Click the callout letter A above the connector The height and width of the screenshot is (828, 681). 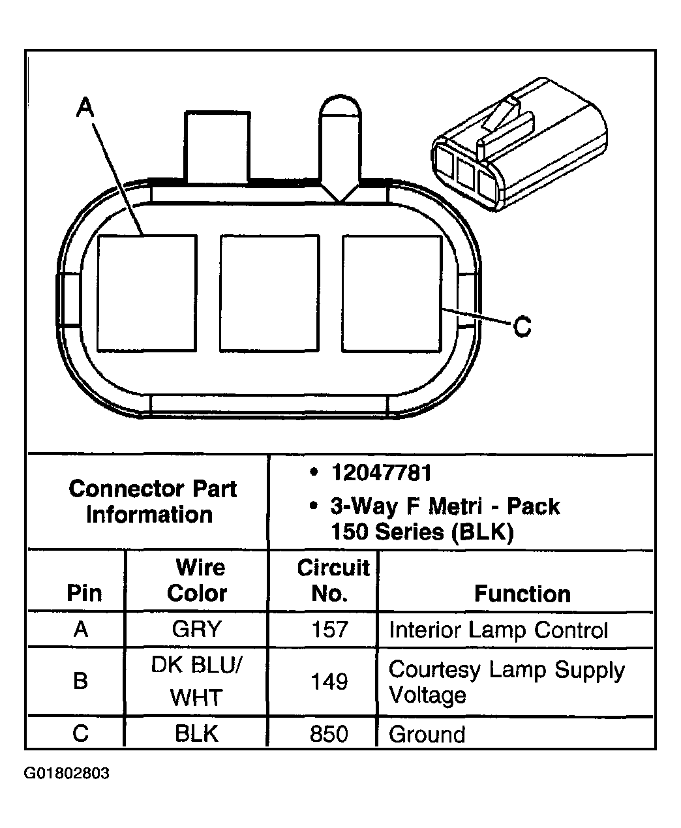(85, 108)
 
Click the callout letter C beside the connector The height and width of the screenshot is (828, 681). (522, 326)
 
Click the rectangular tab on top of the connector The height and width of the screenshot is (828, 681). (217, 146)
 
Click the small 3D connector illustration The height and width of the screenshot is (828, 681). (515, 147)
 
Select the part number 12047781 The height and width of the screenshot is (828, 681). (381, 473)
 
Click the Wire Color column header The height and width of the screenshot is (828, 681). (196, 580)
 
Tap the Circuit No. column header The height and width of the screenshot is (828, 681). (333, 580)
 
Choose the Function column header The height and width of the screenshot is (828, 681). (522, 594)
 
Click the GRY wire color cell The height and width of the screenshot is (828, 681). (196, 630)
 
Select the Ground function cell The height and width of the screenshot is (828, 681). (427, 735)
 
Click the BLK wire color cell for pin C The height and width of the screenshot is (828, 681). (196, 734)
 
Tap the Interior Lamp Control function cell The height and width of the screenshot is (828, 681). (498, 630)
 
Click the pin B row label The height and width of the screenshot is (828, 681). (80, 682)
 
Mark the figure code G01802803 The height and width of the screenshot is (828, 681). (67, 774)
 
